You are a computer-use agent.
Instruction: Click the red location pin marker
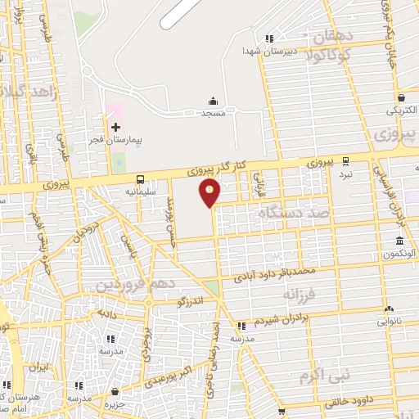pyautogui.click(x=210, y=192)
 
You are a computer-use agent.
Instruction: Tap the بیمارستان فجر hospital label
pyautogui.click(x=115, y=141)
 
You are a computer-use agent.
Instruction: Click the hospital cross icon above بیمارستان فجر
pyautogui.click(x=115, y=127)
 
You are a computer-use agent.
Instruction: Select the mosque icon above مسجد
pyautogui.click(x=214, y=101)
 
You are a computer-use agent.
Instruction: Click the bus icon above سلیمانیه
pyautogui.click(x=141, y=179)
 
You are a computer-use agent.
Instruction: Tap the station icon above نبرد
pyautogui.click(x=346, y=161)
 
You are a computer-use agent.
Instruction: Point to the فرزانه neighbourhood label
pyautogui.click(x=300, y=292)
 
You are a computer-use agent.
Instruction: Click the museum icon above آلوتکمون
pyautogui.click(x=399, y=241)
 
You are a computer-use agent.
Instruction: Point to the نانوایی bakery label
pyautogui.click(x=390, y=321)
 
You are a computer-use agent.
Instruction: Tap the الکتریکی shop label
pyautogui.click(x=400, y=108)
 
